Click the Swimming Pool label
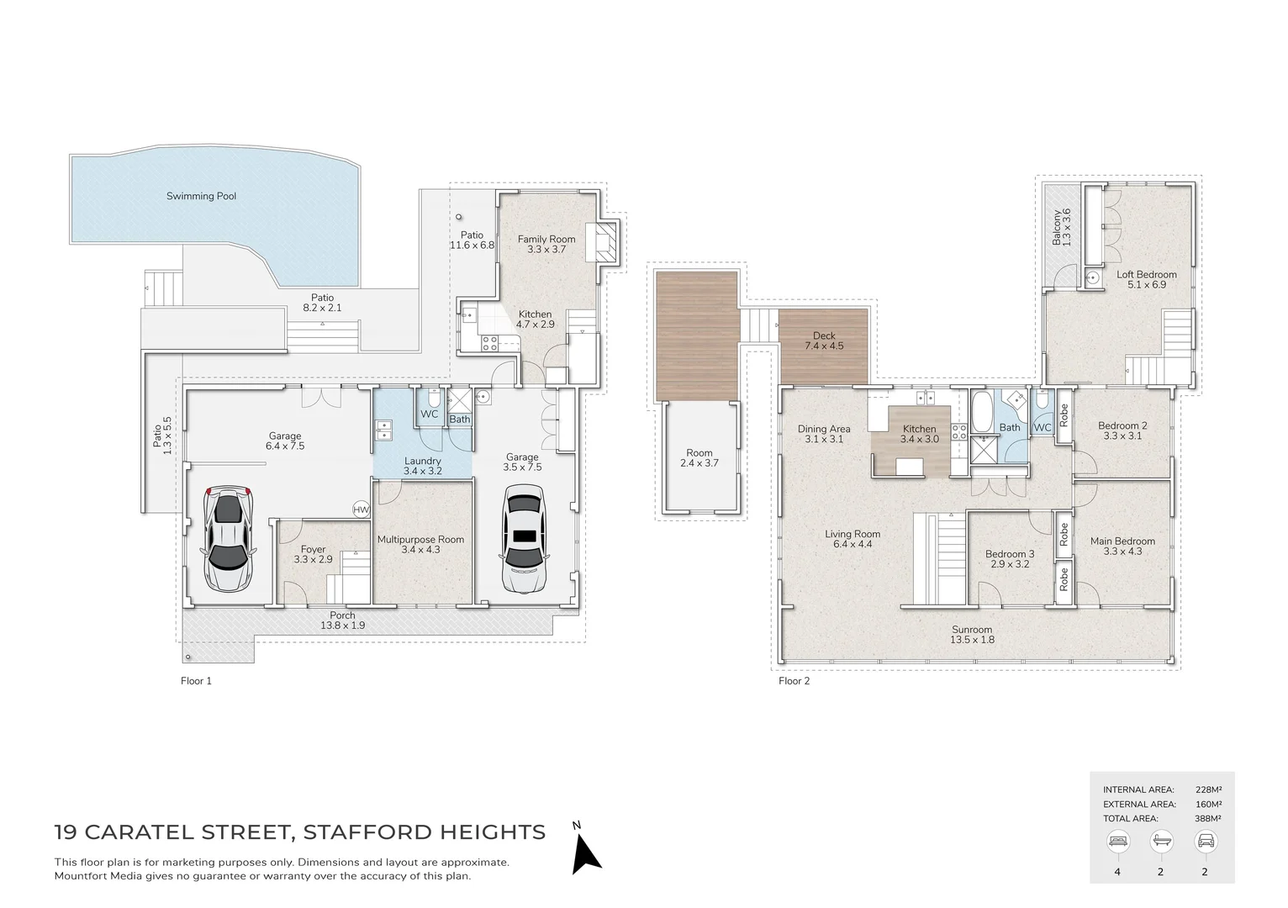[201, 196]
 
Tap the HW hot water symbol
[361, 509]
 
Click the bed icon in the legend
[1117, 840]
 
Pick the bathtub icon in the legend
[1160, 840]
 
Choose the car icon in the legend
[1204, 840]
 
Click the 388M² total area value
[1207, 818]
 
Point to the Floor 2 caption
[794, 681]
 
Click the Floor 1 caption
[196, 681]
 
